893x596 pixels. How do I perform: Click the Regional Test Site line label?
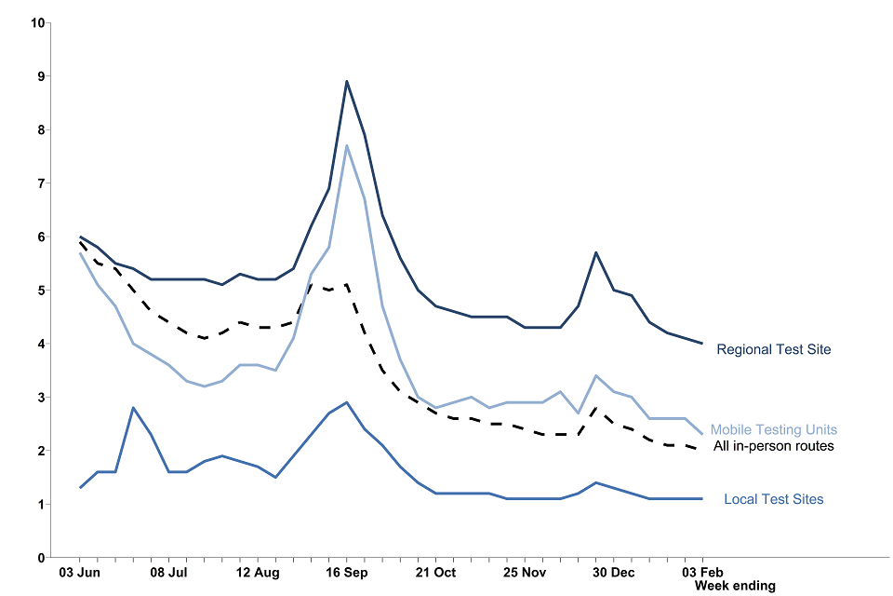coord(773,350)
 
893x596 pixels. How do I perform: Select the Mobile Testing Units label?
coord(773,430)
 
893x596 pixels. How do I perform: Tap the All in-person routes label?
coord(773,446)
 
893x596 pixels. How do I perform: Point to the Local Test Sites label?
coord(773,500)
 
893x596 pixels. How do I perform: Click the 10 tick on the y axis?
coord(38,22)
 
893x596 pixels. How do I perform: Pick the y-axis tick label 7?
coord(41,183)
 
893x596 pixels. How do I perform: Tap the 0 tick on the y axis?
coord(41,558)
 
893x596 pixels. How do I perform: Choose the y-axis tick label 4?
coord(41,344)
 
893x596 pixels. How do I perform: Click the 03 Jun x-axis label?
coord(81,572)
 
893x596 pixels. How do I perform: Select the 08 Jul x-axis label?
coord(169,572)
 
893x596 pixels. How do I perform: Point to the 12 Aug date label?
coord(258,572)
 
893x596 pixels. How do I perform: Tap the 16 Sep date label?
coord(347,572)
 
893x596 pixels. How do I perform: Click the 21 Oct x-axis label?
coord(435,572)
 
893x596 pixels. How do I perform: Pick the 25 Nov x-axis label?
coord(525,572)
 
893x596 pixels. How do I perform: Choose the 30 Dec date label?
coord(613,572)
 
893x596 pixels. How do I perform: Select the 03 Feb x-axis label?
coord(701,572)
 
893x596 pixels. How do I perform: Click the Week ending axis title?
coord(734,586)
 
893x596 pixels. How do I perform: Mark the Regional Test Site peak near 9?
coord(347,81)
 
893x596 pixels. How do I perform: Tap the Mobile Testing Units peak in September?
coord(347,145)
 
